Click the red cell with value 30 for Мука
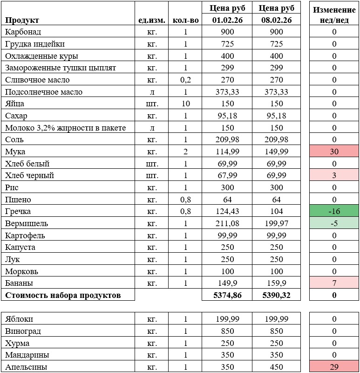(334, 152)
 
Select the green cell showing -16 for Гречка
(334, 211)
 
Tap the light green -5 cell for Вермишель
(334, 223)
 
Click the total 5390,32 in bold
(276, 295)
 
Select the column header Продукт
(22, 20)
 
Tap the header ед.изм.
(151, 20)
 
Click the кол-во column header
(185, 20)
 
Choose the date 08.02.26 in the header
(276, 20)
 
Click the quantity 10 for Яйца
(185, 104)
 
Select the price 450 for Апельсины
(276, 367)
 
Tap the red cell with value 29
(334, 367)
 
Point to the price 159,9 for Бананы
(276, 283)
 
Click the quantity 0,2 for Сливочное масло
(185, 80)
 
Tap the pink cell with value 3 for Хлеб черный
(334, 175)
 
